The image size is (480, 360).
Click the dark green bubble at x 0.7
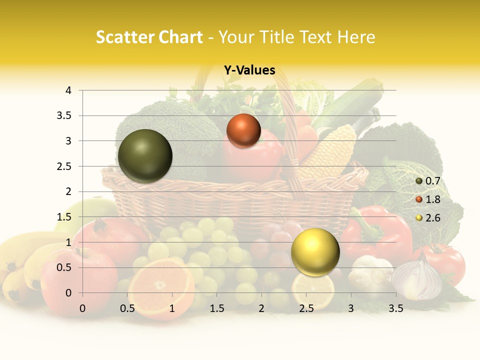click(x=145, y=156)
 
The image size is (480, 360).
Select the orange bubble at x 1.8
click(x=243, y=130)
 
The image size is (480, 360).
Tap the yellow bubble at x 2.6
click(x=315, y=252)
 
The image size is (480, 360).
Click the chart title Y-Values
click(x=249, y=70)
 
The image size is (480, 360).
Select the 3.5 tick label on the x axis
click(x=396, y=308)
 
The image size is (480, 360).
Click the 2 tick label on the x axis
click(x=261, y=308)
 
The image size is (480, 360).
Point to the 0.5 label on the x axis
click(x=127, y=308)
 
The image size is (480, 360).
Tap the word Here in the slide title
click(x=356, y=37)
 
